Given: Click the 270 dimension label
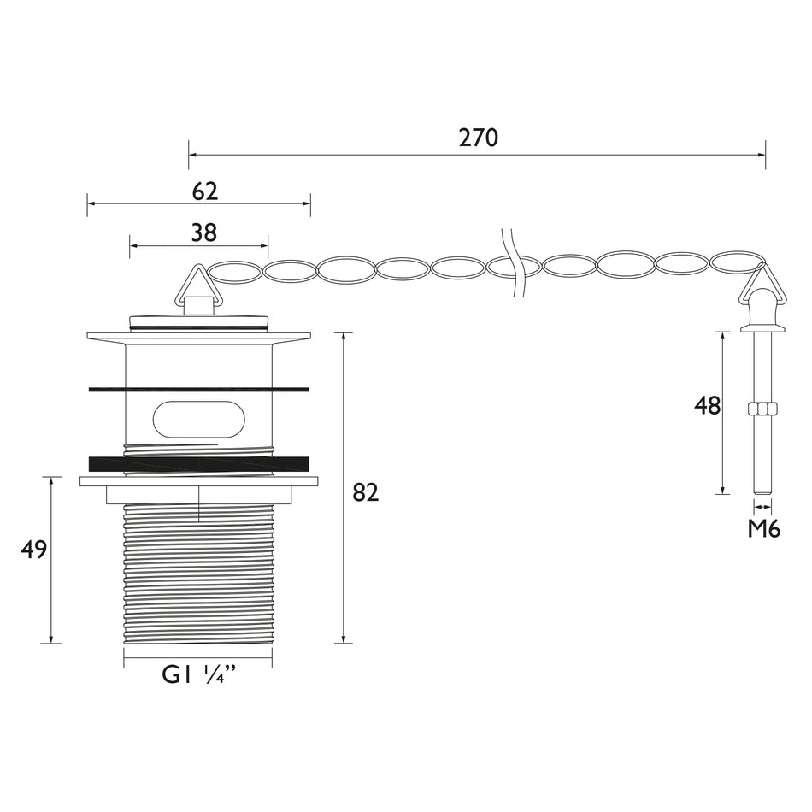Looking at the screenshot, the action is coord(478,138).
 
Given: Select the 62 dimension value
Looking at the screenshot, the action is coord(204,191).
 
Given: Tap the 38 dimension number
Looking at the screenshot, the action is coord(203,233).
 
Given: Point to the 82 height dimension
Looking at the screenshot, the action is coord(366,492).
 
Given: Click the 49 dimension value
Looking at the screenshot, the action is coord(33,550).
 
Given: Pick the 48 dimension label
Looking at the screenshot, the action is coord(708,405).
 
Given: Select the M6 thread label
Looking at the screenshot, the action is coord(763,529).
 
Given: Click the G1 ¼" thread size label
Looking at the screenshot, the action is coord(199,675).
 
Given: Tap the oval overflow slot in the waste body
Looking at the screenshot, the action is coord(199,417).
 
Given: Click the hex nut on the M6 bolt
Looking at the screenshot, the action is coord(762,409).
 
